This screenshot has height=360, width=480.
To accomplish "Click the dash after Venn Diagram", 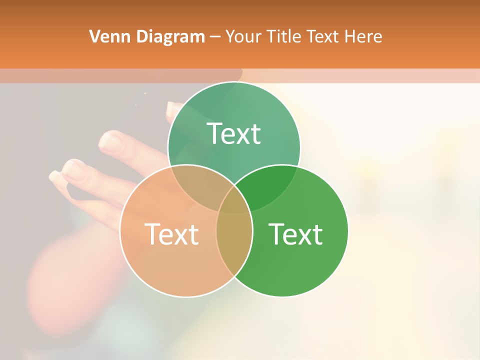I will [215, 37].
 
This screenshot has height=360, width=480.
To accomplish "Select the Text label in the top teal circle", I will [234, 133].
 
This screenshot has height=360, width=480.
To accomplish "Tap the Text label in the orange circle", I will [171, 234].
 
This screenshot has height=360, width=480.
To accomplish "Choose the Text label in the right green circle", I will [295, 234].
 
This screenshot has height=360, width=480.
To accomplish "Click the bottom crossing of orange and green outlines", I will [234, 275].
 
